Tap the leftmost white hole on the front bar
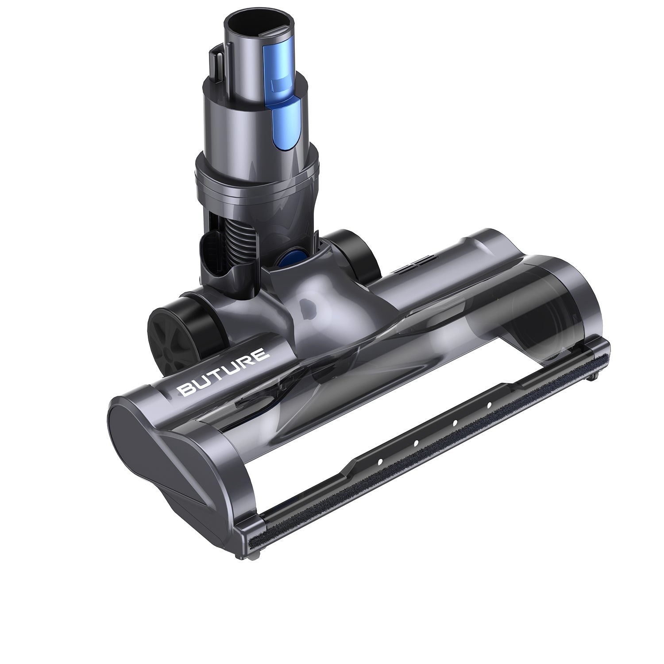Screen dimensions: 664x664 [380, 461]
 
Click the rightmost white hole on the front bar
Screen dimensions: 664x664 [489, 405]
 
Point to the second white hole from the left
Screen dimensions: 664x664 [416, 443]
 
